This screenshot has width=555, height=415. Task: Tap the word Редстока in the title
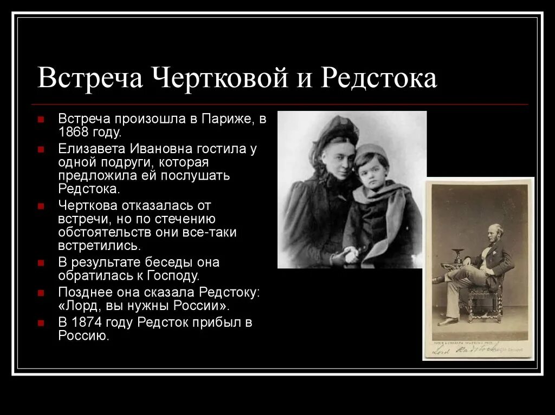(x=379, y=79)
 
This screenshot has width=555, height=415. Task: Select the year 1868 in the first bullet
(x=75, y=133)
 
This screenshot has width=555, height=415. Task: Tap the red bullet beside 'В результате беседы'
(x=42, y=262)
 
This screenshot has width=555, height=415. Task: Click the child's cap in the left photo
(x=371, y=151)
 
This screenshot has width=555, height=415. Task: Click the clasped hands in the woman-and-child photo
(x=347, y=254)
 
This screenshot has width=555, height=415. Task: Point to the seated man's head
(x=495, y=230)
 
